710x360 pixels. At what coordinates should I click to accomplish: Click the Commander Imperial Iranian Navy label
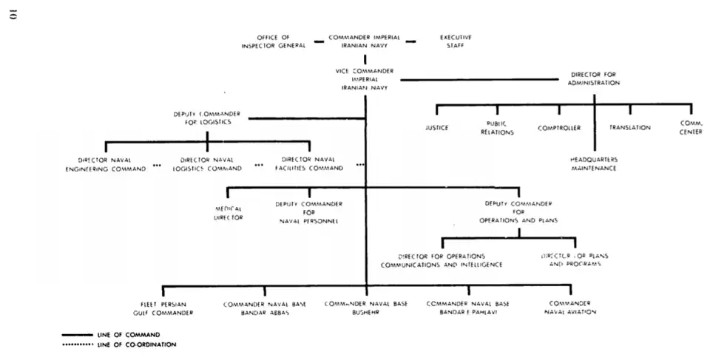coord(365,41)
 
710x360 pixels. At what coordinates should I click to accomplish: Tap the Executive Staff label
coord(456,41)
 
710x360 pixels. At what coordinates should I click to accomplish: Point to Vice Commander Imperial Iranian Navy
coord(364,79)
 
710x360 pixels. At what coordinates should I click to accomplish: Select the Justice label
coord(436,128)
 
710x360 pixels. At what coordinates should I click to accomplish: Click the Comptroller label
coord(559,128)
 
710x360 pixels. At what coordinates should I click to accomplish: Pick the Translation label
coord(629,128)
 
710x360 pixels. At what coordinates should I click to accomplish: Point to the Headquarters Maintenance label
coord(593,164)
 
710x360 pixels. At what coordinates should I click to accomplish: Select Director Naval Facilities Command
coord(310,164)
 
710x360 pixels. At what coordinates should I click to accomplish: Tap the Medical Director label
coord(229,214)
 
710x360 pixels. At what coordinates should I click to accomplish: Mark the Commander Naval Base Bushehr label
coord(365,308)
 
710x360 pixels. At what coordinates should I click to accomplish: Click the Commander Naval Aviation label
coord(569,308)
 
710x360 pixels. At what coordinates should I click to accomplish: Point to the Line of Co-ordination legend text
coord(136,344)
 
